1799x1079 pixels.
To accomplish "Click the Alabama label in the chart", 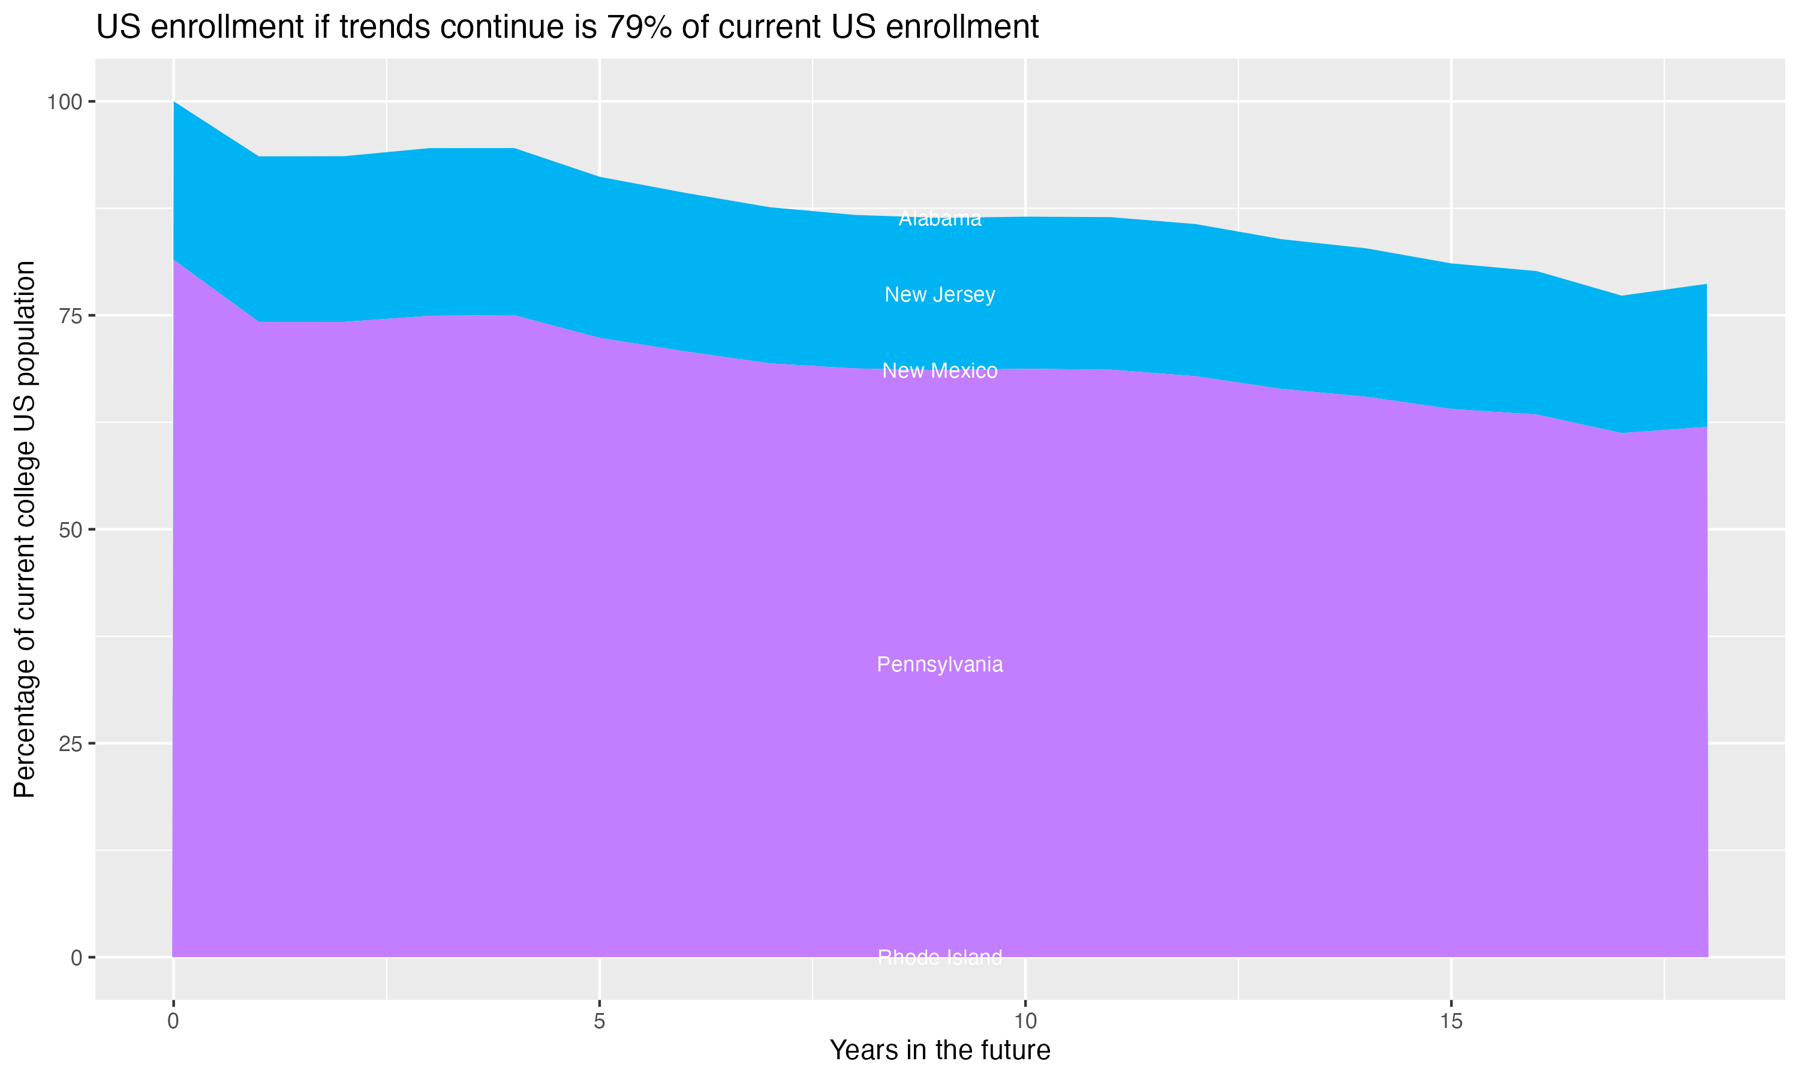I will click(940, 219).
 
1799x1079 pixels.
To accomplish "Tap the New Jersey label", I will click(940, 294).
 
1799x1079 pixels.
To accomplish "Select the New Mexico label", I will click(940, 371).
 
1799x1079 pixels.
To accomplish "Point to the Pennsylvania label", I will click(940, 665).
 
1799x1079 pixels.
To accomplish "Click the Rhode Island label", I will click(940, 957).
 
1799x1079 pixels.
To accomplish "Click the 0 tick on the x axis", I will click(173, 1021).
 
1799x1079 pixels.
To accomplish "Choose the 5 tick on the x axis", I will click(599, 1021).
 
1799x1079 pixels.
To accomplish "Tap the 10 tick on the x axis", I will click(1025, 1021).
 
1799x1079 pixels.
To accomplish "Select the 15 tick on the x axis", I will click(1451, 1021).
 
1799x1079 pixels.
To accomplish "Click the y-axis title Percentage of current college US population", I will click(25, 529).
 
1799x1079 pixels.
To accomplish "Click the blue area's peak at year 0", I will click(174, 103).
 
